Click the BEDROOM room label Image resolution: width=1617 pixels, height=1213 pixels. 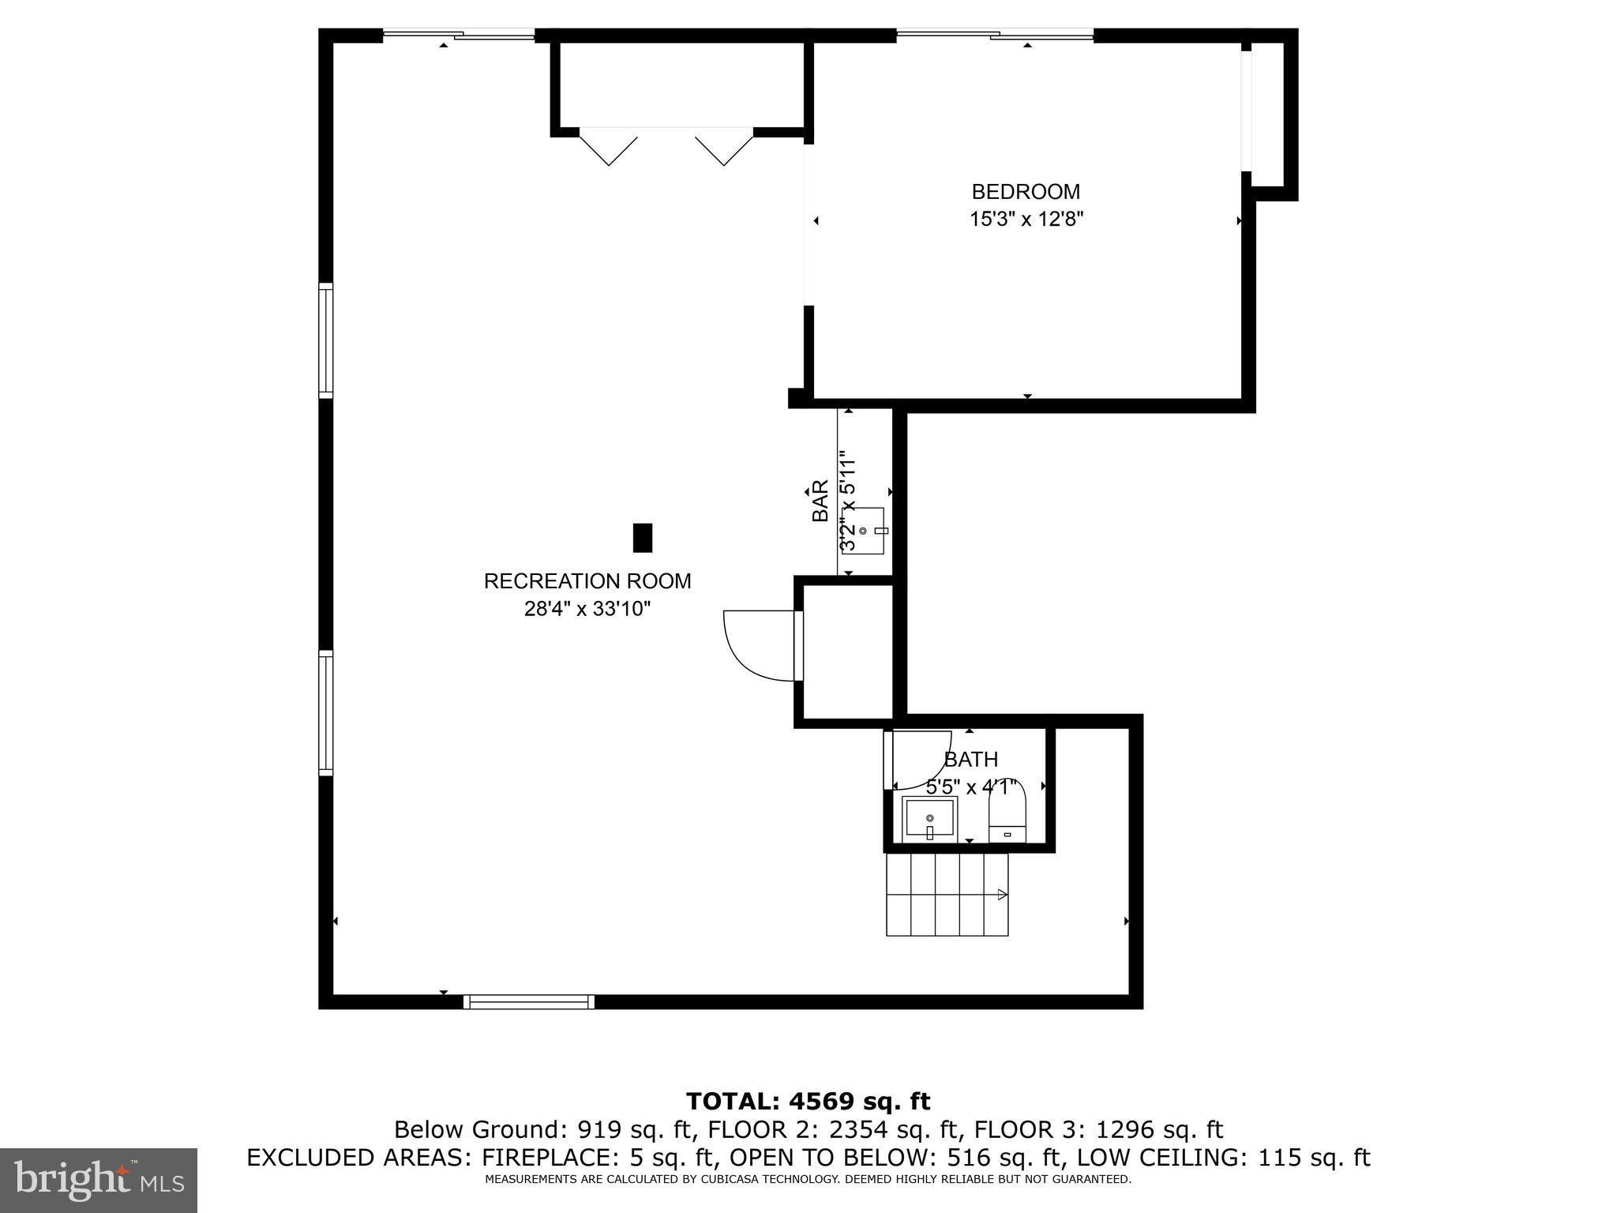pos(1026,192)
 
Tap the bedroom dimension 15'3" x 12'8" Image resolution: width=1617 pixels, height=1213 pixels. pos(1026,220)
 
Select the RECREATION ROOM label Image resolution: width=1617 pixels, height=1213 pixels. pos(587,581)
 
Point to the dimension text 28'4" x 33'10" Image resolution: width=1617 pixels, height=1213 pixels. pos(587,609)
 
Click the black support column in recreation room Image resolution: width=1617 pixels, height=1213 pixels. pos(643,538)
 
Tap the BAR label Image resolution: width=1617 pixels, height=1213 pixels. pos(820,501)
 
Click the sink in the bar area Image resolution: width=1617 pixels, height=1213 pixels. pos(867,531)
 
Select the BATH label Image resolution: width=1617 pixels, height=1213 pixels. pos(971,760)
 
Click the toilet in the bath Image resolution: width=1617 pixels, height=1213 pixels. pos(1007,813)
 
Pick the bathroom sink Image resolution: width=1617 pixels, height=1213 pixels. pos(930,819)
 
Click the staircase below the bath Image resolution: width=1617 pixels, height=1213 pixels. pos(947,895)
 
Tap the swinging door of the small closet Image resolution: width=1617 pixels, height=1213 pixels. pos(758,644)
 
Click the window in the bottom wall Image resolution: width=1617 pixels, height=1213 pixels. pos(529,1001)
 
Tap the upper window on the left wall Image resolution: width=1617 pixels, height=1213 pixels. pos(325,340)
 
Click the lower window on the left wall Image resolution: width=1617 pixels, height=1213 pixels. pos(325,711)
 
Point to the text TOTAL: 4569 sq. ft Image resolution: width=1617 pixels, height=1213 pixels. pos(808,1101)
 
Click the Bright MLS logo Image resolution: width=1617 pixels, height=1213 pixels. pos(99,1180)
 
